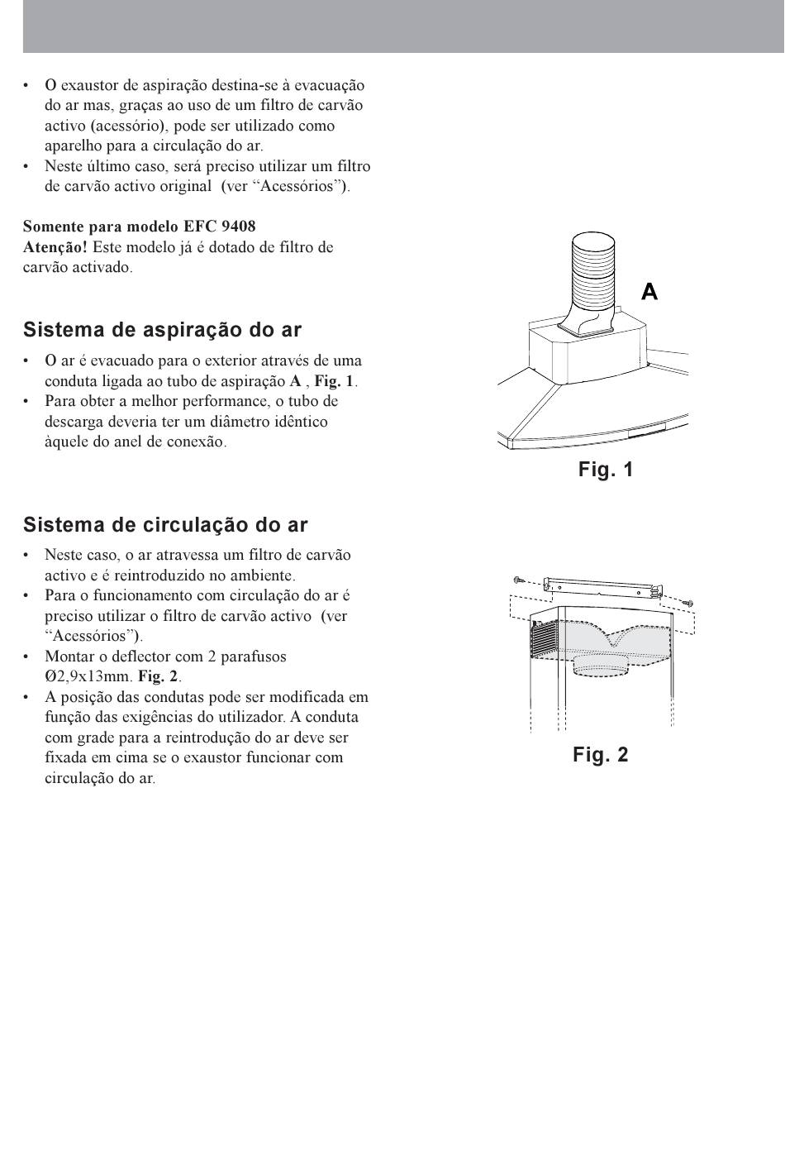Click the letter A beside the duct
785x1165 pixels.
point(649,291)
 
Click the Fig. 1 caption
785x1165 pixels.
point(606,469)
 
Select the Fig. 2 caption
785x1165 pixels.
point(601,754)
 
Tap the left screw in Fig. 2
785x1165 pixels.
point(518,580)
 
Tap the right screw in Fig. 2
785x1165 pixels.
point(689,604)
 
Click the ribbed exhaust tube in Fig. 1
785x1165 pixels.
point(592,281)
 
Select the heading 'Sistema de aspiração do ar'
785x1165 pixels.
point(162,330)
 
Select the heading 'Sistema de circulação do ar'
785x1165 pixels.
point(165,525)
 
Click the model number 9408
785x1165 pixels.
point(239,227)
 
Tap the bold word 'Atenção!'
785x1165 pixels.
point(55,247)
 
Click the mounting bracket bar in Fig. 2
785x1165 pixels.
point(603,588)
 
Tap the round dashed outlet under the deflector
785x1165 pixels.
point(600,666)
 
